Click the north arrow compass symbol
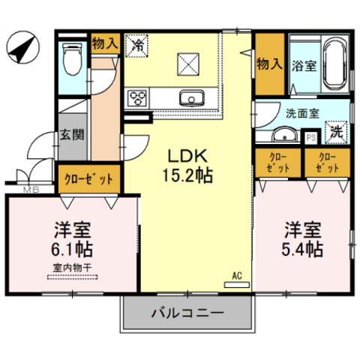click(x=22, y=47)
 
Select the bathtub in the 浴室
click(x=335, y=63)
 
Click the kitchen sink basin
click(x=192, y=98)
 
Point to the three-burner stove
click(x=136, y=98)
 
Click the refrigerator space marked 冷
click(x=136, y=46)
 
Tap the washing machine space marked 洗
click(x=336, y=133)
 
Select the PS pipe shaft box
click(x=310, y=138)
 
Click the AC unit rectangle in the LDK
click(x=237, y=284)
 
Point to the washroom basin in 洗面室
click(x=284, y=134)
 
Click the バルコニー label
click(x=187, y=313)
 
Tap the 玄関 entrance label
click(x=72, y=135)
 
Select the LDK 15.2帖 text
click(x=187, y=165)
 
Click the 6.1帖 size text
click(x=72, y=249)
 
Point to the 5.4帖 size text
click(x=302, y=249)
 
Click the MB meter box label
click(x=31, y=190)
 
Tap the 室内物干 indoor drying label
click(x=72, y=268)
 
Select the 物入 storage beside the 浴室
click(x=270, y=64)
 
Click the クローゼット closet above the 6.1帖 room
click(x=89, y=178)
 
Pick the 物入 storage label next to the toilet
click(x=105, y=43)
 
